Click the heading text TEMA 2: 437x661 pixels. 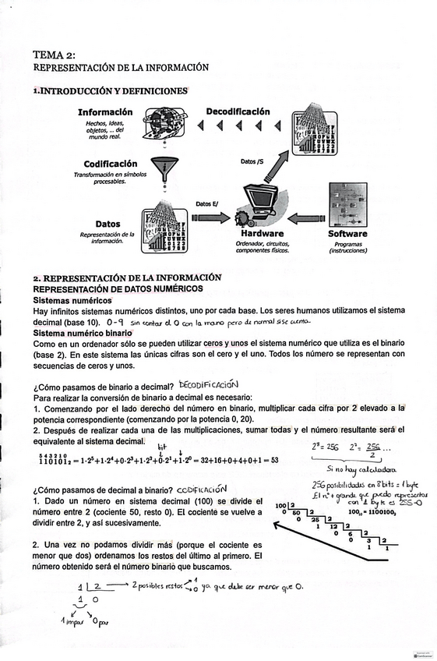pos(54,55)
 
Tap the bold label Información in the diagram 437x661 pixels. pos(104,112)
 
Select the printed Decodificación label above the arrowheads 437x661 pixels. pos(238,111)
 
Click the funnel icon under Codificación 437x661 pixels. pos(164,168)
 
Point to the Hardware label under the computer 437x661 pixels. pos(262,233)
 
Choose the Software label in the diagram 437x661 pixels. pos(347,233)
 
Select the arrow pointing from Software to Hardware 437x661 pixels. pos(308,218)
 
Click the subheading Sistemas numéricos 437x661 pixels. pos(71,299)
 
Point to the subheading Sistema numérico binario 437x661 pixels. pos(81,333)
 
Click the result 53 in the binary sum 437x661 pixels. pos(274,461)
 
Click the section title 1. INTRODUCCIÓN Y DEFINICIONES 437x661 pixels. pos(110,91)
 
